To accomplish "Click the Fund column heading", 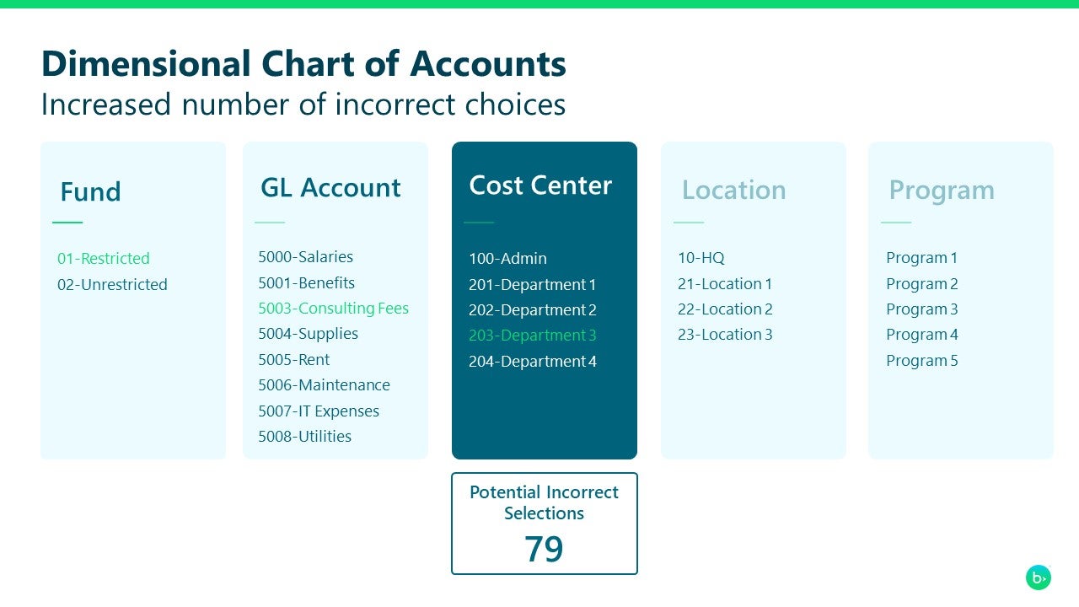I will click(90, 191).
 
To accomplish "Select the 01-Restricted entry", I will click(103, 258).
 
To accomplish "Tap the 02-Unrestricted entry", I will click(112, 284).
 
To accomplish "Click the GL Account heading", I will click(330, 187).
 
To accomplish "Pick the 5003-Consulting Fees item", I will click(333, 309).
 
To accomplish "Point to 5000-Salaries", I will click(305, 257).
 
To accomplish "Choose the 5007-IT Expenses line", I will click(318, 411).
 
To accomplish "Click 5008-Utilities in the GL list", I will click(304, 437).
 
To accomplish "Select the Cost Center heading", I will click(540, 185).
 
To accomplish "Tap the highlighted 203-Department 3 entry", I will click(532, 336).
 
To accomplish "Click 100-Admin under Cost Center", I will click(507, 259).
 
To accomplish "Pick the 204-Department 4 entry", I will click(532, 362).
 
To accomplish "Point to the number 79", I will click(544, 549).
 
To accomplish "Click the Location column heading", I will click(733, 191).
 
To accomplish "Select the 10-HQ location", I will click(701, 258).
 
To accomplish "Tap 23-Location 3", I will click(725, 335).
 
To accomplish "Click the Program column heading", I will click(942, 191).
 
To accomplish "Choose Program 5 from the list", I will click(921, 361).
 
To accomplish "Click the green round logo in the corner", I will click(1039, 577).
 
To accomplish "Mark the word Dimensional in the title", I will click(146, 64).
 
